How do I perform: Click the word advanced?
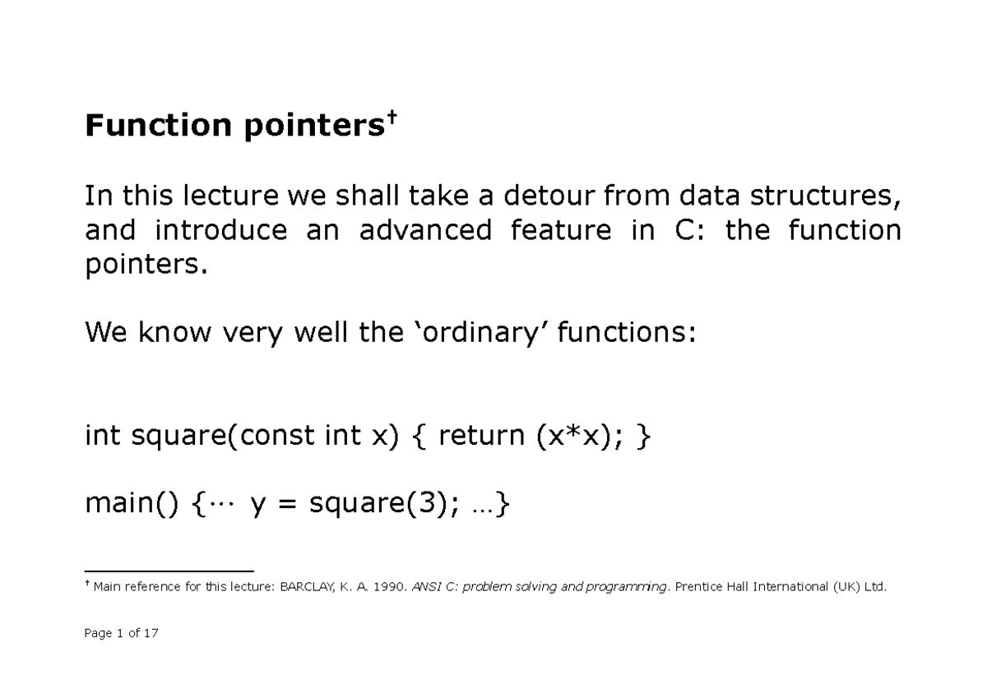click(x=425, y=231)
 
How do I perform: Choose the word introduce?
click(x=221, y=231)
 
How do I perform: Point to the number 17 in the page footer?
click(x=150, y=633)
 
